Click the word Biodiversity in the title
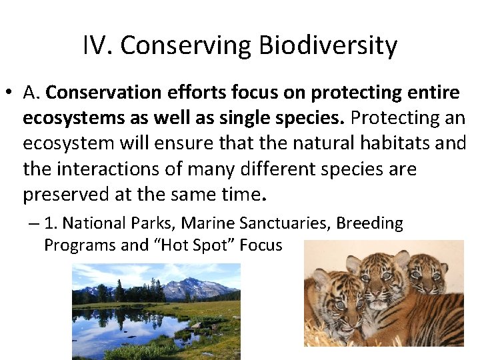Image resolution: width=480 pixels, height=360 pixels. click(328, 46)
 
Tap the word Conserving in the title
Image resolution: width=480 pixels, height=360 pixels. click(184, 46)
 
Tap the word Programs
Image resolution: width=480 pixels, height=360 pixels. click(77, 245)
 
